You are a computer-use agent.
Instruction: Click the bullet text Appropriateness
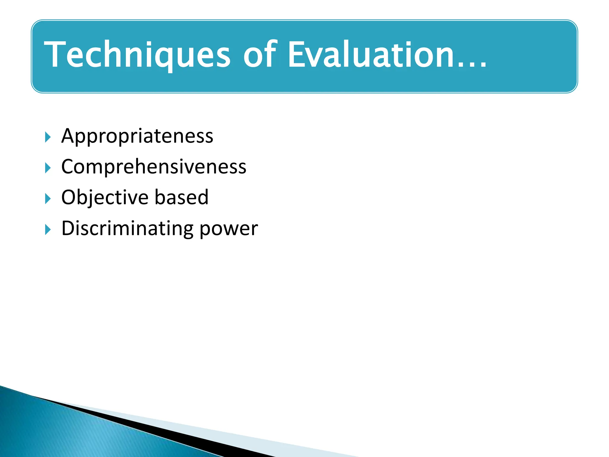137,136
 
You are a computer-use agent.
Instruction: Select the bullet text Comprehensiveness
154,167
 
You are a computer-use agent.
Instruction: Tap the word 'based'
181,197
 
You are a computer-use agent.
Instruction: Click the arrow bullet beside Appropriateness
48,137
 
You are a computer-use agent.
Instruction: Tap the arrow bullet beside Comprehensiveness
48,168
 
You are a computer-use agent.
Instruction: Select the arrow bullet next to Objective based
48,199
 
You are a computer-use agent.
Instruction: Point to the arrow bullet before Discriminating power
48,230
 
